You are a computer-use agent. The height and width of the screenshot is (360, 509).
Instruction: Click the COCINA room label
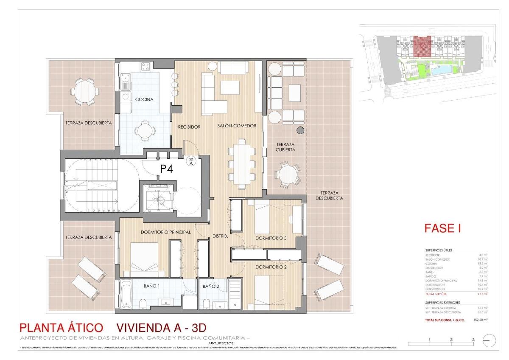pyautogui.click(x=144, y=99)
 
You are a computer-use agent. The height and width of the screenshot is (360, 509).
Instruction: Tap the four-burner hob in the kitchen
pyautogui.click(x=145, y=66)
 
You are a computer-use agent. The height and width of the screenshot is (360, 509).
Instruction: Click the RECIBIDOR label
pyautogui.click(x=189, y=127)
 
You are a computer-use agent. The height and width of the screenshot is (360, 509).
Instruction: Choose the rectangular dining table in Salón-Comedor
pyautogui.click(x=241, y=163)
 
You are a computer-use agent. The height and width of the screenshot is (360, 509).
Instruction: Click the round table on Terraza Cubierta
pyautogui.click(x=287, y=174)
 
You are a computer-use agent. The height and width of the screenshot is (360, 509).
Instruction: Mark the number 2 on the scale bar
pyautogui.click(x=451, y=340)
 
